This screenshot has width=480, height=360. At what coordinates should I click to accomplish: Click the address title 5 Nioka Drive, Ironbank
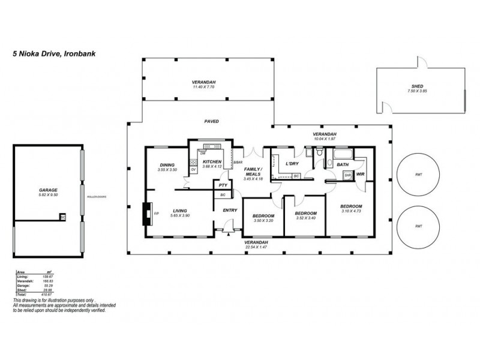(55, 53)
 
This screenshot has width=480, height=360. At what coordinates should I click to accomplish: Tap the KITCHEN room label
(212, 162)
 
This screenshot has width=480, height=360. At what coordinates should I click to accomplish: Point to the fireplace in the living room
(146, 214)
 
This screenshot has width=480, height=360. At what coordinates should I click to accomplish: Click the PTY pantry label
(223, 186)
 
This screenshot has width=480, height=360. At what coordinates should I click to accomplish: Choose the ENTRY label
(230, 211)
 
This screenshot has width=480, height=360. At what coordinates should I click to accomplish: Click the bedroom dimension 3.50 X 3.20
(263, 221)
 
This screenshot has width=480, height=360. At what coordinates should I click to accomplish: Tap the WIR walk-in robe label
(361, 175)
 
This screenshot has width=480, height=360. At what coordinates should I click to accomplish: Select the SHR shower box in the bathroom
(347, 175)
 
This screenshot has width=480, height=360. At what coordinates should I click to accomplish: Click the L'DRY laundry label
(292, 163)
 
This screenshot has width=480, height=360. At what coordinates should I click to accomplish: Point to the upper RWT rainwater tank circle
(419, 174)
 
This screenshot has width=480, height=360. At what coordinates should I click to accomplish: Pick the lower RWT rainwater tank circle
(419, 226)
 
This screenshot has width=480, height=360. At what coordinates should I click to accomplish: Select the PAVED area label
(211, 121)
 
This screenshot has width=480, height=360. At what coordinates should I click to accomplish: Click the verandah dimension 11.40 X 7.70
(203, 87)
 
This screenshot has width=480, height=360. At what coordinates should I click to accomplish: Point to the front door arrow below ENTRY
(229, 235)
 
